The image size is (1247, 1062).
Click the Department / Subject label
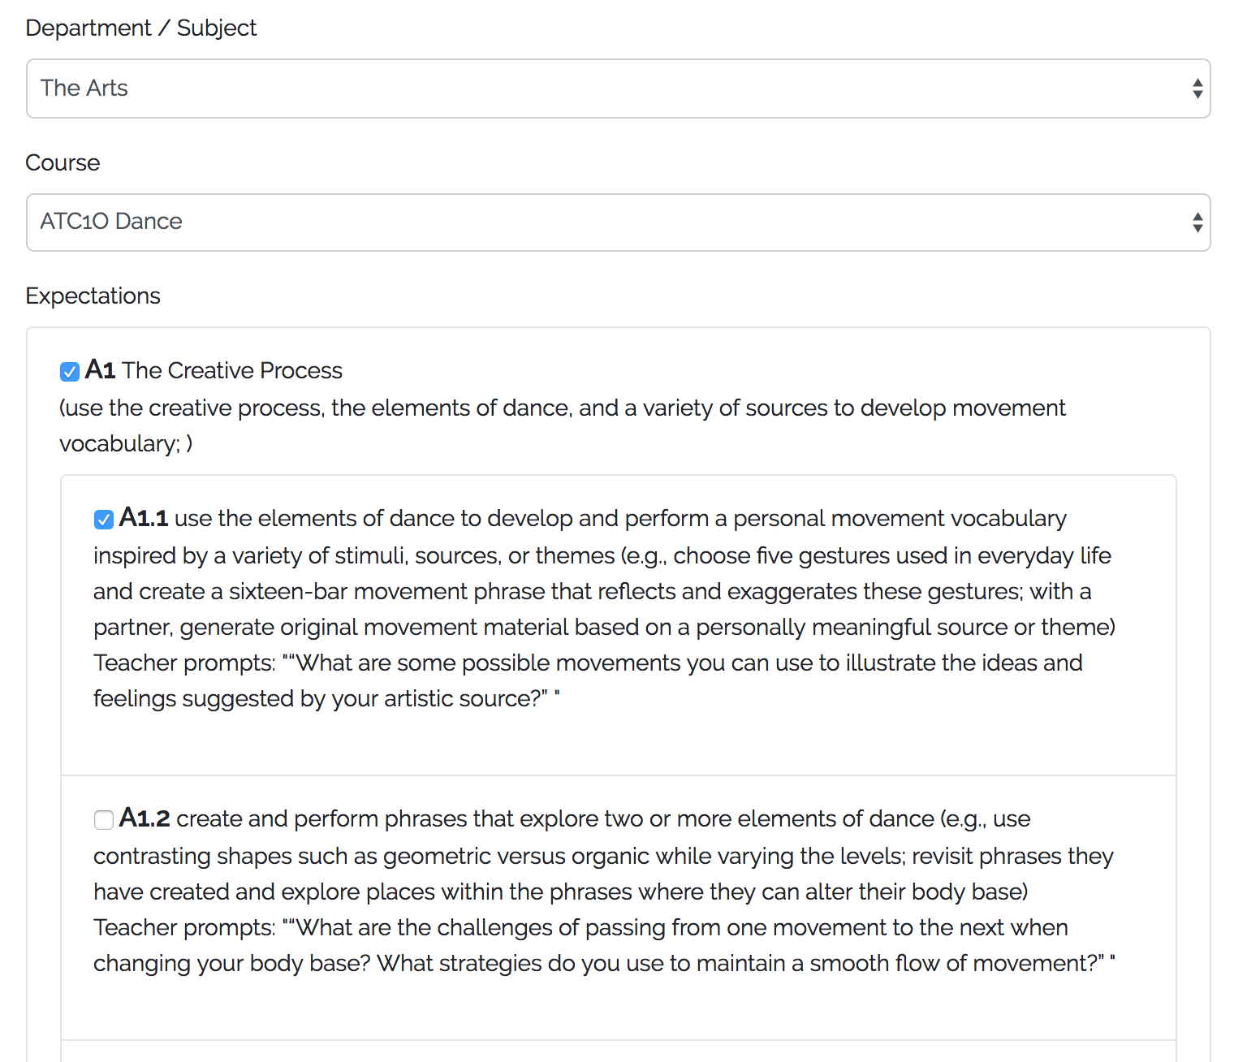(140, 28)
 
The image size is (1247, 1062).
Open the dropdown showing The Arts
(617, 88)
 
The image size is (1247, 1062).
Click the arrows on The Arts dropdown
(1197, 88)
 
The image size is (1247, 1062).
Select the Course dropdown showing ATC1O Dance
(617, 222)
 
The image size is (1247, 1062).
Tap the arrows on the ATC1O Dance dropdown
(1197, 222)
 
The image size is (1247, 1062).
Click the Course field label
(63, 163)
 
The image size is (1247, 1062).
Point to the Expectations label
(93, 296)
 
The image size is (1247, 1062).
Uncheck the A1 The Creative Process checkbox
(70, 372)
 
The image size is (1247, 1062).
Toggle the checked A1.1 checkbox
(103, 520)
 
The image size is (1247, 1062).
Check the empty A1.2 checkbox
(103, 820)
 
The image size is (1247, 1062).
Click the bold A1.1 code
(143, 518)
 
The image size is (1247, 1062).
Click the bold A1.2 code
(145, 818)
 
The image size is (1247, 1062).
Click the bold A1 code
(100, 370)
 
